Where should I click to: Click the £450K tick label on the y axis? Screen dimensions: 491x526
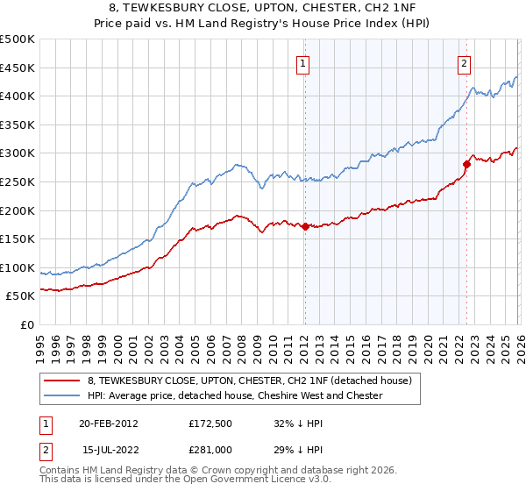click(18, 68)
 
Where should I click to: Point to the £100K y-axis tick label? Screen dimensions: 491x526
click(18, 267)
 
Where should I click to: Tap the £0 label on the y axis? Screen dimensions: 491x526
click(27, 324)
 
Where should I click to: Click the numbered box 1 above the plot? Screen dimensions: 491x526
click(303, 62)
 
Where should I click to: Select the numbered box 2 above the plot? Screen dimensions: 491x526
click(464, 62)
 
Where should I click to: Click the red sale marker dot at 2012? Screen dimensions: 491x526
click(304, 226)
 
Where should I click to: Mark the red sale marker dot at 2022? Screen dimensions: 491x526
click(466, 163)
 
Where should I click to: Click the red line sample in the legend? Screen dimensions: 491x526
click(62, 380)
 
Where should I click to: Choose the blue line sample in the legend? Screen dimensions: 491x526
click(62, 395)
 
